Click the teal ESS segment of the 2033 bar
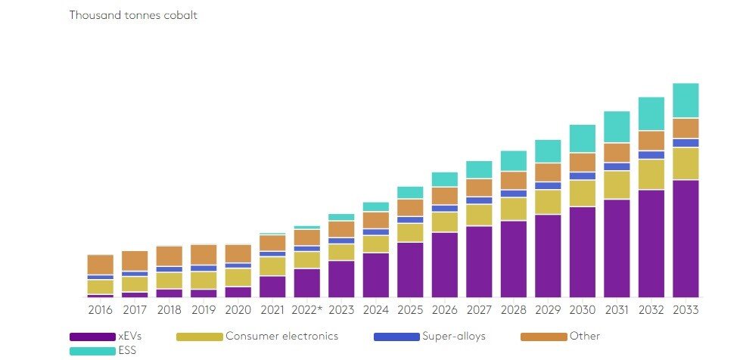(686, 101)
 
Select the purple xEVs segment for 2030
(582, 251)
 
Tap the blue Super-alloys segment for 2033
(686, 143)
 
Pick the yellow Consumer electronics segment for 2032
(651, 174)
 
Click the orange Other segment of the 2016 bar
(100, 265)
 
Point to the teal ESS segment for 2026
(444, 179)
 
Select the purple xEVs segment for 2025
(410, 269)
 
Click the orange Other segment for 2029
(548, 172)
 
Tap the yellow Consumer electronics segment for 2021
(272, 266)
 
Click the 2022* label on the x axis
(306, 310)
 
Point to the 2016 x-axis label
(100, 310)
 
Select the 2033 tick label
(686, 310)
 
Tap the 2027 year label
(479, 310)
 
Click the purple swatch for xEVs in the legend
(92, 337)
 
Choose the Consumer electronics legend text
(281, 336)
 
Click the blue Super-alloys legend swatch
(396, 337)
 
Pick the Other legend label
(585, 336)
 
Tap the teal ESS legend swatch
(92, 351)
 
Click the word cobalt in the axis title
(180, 15)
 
